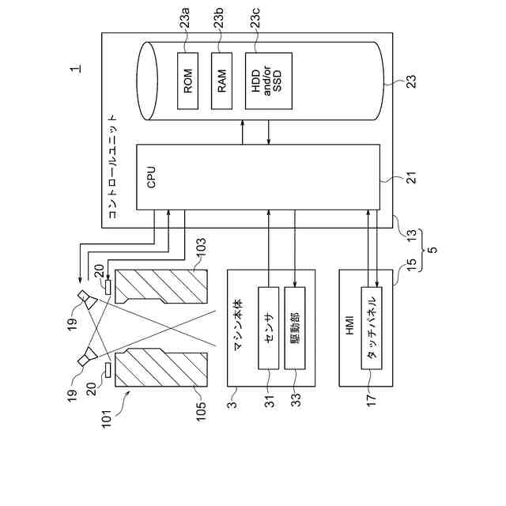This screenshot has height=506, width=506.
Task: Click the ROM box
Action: (188, 81)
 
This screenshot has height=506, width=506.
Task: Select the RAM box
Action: (221, 81)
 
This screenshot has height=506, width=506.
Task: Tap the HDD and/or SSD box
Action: (269, 81)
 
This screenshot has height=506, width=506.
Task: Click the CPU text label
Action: (151, 177)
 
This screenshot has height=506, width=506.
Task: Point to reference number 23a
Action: (185, 19)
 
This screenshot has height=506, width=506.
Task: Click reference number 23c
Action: (256, 19)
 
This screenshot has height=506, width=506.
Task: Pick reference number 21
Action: (411, 177)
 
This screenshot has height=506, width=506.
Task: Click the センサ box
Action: (269, 328)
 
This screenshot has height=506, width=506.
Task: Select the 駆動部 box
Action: (295, 328)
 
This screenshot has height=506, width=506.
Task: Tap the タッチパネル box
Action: (372, 328)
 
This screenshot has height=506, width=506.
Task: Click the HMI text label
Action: (349, 326)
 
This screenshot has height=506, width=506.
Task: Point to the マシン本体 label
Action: (239, 326)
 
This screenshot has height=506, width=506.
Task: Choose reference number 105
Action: (201, 411)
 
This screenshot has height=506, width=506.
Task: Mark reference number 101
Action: (107, 419)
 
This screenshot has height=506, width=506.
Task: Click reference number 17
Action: (372, 399)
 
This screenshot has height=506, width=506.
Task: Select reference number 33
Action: (296, 399)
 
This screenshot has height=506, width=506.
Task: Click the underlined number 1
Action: (76, 69)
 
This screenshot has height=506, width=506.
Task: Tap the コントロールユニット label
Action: (112, 167)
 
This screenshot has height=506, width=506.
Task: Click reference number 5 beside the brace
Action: (432, 250)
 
